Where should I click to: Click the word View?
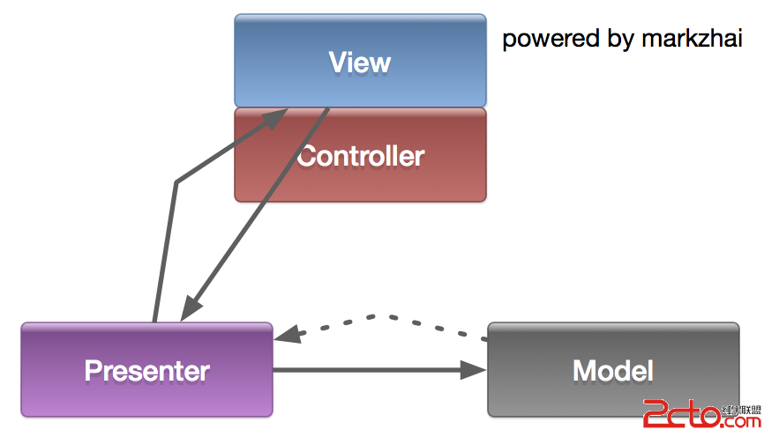pyautogui.click(x=360, y=63)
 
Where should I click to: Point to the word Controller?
pyautogui.click(x=360, y=157)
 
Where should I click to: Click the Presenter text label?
pyautogui.click(x=146, y=371)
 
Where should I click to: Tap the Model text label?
pyautogui.click(x=613, y=371)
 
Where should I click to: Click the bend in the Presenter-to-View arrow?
pyautogui.click(x=176, y=182)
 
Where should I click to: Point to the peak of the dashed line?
pyautogui.click(x=377, y=315)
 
